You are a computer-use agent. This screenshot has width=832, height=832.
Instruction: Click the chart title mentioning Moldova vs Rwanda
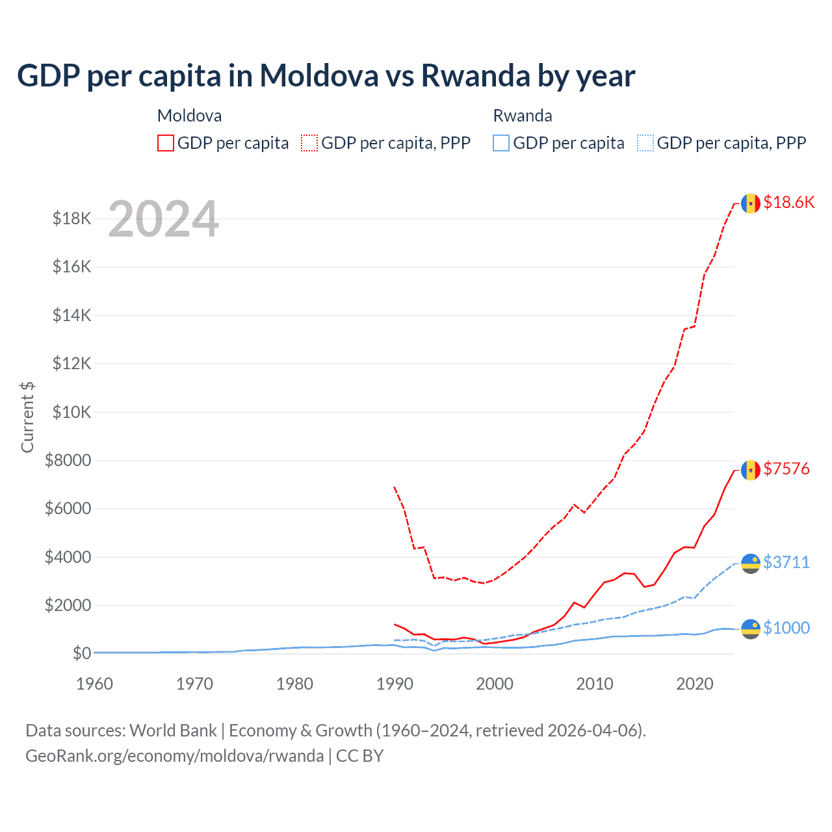coord(326,76)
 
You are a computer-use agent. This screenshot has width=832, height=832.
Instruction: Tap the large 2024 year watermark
coord(163,219)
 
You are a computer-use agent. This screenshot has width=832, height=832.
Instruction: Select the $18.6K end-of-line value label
coord(788,202)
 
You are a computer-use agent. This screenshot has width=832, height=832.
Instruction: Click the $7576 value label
coord(786,469)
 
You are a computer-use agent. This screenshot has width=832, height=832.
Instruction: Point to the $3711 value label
coord(786,562)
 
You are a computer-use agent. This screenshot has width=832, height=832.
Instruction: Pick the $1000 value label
coord(786,628)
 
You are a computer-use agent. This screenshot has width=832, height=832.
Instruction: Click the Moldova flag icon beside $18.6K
coord(751,203)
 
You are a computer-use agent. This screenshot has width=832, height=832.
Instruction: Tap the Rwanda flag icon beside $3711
coord(751,563)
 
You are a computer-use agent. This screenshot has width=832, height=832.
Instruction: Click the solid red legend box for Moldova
coord(166,143)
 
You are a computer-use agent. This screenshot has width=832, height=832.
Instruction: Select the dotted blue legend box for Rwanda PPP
coord(645,143)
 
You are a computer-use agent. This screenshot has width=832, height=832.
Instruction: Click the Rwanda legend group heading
coord(523,116)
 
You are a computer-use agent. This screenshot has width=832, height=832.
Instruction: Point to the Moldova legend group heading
coord(189,116)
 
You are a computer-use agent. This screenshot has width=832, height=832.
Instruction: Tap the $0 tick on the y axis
coord(81,653)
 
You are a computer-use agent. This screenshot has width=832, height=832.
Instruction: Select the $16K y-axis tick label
coord(72,267)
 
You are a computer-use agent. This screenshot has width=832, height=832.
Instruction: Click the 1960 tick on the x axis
coord(94,684)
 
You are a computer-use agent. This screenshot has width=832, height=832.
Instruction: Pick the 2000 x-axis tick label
coord(495,684)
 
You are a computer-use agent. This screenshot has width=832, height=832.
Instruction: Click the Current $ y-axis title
coord(27,417)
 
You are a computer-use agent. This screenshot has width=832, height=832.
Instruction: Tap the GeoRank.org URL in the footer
coord(174,756)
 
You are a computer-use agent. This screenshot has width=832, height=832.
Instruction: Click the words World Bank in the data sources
coord(173,731)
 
